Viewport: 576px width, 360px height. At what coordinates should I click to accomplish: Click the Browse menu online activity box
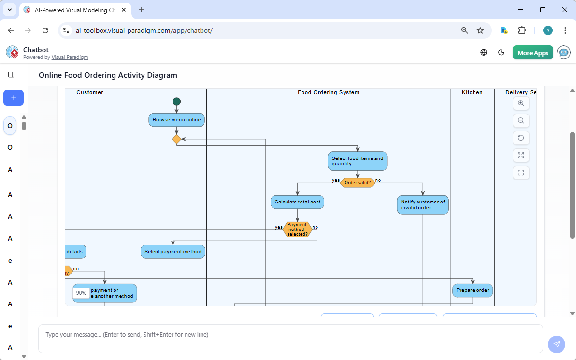pyautogui.click(x=176, y=120)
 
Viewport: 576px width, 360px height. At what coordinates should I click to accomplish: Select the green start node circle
pyautogui.click(x=176, y=101)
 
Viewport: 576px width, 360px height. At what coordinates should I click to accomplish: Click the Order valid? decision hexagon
pyautogui.click(x=358, y=183)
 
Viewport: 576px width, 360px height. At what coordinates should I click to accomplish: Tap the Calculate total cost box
pyautogui.click(x=297, y=202)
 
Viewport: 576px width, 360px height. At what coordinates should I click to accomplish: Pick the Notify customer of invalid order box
pyautogui.click(x=423, y=205)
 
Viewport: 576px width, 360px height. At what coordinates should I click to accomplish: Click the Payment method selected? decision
pyautogui.click(x=297, y=230)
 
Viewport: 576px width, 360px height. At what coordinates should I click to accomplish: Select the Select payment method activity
pyautogui.click(x=173, y=252)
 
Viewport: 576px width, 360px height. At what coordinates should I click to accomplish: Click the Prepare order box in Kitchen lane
pyautogui.click(x=472, y=290)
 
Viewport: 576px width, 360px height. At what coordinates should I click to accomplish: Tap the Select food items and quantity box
pyautogui.click(x=358, y=161)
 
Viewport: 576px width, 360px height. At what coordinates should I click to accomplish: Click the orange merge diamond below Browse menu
pyautogui.click(x=176, y=139)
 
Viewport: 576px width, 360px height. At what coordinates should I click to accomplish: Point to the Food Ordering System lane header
pyautogui.click(x=328, y=92)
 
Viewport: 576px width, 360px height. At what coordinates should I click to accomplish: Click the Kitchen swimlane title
pyautogui.click(x=472, y=92)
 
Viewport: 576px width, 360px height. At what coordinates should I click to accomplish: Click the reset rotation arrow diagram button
pyautogui.click(x=521, y=138)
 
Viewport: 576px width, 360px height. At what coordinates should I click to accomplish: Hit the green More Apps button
pyautogui.click(x=533, y=53)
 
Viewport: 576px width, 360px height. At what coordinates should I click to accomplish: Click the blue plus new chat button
pyautogui.click(x=14, y=98)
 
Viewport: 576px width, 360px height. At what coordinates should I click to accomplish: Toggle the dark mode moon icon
pyautogui.click(x=501, y=53)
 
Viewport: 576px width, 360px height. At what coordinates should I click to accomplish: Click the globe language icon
pyautogui.click(x=484, y=53)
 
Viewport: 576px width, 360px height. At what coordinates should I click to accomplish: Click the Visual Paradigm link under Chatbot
pyautogui.click(x=70, y=57)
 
